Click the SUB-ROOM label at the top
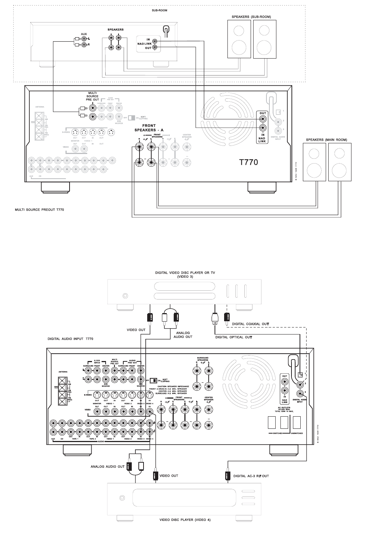tap(160, 10)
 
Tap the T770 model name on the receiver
tap(249, 162)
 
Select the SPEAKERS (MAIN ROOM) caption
tap(326, 140)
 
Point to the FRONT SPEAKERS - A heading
tap(149, 128)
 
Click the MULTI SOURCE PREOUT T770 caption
tap(39, 210)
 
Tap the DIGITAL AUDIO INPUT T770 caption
tap(70, 338)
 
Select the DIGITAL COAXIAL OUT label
tap(251, 324)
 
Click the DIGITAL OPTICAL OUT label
tap(234, 337)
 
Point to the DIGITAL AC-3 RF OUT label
tap(251, 476)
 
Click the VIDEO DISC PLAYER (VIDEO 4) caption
tap(185, 520)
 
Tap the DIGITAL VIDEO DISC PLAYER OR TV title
tap(185, 273)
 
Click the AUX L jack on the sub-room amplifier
tap(84, 39)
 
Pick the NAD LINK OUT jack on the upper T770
tap(263, 119)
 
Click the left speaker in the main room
tap(314, 162)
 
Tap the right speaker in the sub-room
tap(265, 39)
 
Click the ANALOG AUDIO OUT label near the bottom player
tap(107, 466)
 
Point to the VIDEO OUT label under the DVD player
tap(136, 330)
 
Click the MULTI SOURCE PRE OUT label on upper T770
tap(92, 96)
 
